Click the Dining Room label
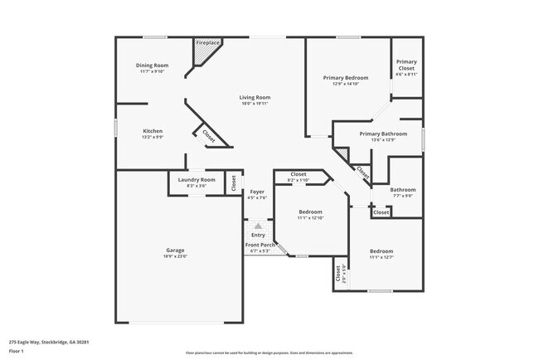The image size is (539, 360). pyautogui.click(x=152, y=66)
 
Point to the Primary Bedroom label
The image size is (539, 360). pyautogui.click(x=345, y=77)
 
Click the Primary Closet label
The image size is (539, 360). pyautogui.click(x=406, y=65)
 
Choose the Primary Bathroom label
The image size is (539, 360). pyautogui.click(x=383, y=134)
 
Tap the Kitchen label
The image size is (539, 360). pyautogui.click(x=152, y=131)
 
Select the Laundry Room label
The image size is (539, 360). pyautogui.click(x=197, y=180)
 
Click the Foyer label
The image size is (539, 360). pyautogui.click(x=257, y=192)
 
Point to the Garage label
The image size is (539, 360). pyautogui.click(x=174, y=251)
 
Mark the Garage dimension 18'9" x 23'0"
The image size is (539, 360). pyautogui.click(x=174, y=257)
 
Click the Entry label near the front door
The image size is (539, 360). pyautogui.click(x=259, y=235)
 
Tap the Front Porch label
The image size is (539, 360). pyautogui.click(x=259, y=245)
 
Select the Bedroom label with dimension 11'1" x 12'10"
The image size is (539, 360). pyautogui.click(x=310, y=212)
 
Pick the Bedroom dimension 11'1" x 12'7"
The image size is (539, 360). pyautogui.click(x=381, y=257)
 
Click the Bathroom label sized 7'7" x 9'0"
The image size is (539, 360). pyautogui.click(x=403, y=189)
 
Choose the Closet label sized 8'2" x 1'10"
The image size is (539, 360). pyautogui.click(x=298, y=174)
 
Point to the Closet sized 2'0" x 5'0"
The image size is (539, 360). pyautogui.click(x=337, y=274)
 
